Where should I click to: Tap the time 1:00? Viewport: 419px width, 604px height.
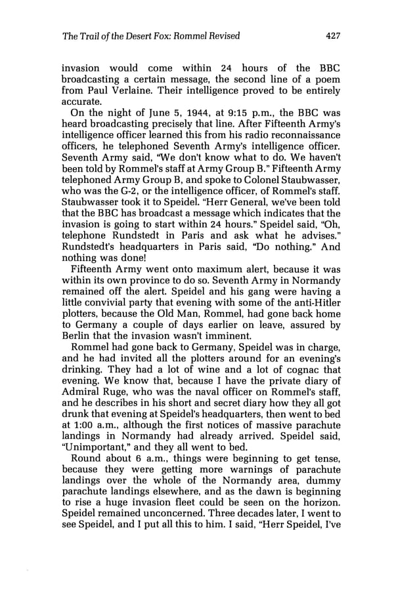pos(86,473)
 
